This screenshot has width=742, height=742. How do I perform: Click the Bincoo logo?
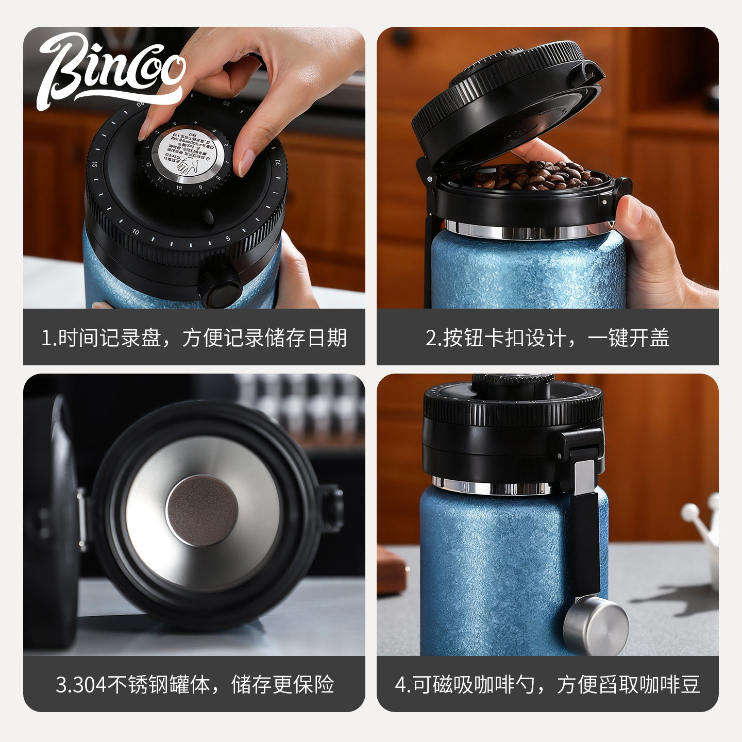point(111,70)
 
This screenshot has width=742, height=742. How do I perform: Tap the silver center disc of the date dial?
point(189,155)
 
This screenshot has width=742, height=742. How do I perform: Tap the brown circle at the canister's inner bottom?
point(202,510)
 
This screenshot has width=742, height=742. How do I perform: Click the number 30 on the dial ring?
point(277,163)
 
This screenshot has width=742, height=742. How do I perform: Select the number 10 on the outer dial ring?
point(136,232)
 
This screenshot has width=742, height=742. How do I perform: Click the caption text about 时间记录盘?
point(194,338)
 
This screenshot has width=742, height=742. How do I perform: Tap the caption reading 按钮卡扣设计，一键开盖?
point(547,338)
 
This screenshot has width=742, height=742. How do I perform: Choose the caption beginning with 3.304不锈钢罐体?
point(194,684)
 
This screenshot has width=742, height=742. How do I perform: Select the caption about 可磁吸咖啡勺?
point(547,684)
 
